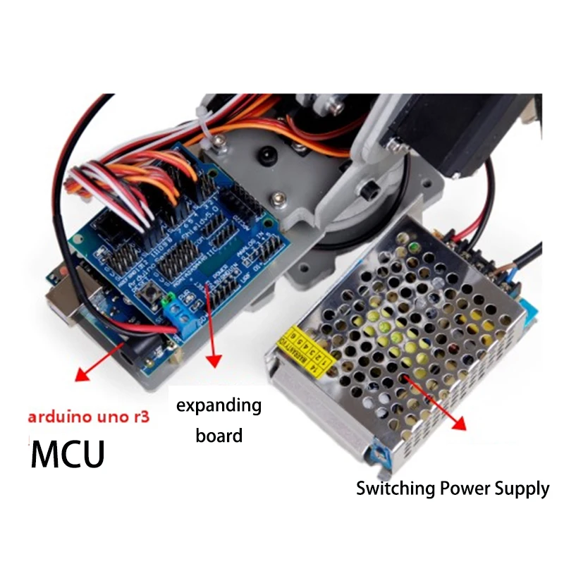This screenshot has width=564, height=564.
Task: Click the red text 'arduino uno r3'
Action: [89, 417]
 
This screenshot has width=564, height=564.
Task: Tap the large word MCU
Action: [68, 454]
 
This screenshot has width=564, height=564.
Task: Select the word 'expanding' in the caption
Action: [219, 406]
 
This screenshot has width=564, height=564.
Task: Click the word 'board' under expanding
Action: [219, 436]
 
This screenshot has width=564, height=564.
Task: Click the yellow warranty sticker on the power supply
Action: [306, 346]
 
